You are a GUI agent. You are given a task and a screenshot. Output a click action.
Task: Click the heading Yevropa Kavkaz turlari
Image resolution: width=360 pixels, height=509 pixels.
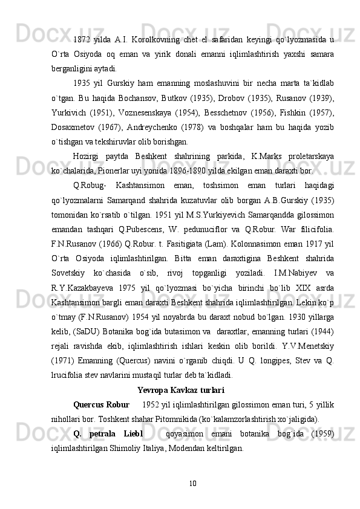pyautogui.click(x=181, y=389)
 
